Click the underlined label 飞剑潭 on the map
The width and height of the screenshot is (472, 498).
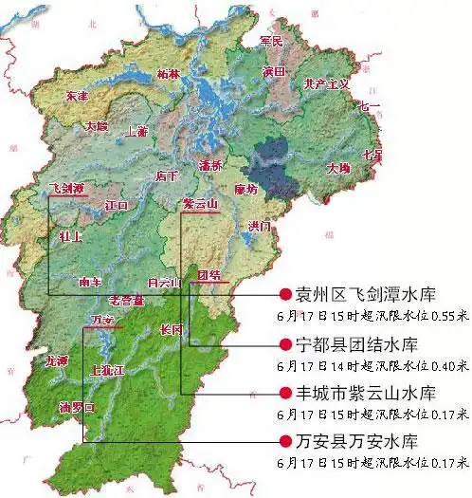point(67,190)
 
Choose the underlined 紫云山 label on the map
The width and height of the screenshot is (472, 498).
point(200,205)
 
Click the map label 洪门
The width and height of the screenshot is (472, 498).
point(259,227)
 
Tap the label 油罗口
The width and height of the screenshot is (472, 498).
point(79,407)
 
